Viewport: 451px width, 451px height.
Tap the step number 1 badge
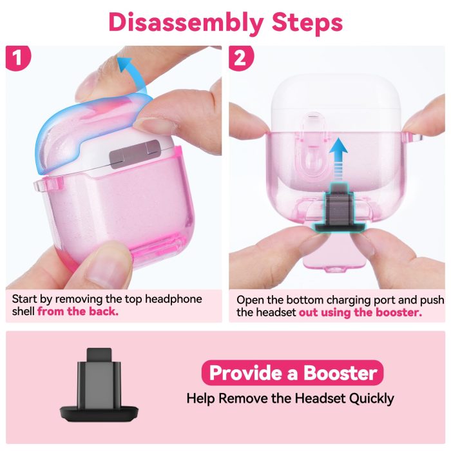[x=17, y=58]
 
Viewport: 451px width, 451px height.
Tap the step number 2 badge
[x=240, y=58]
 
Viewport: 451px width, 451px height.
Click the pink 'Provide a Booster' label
[x=293, y=373]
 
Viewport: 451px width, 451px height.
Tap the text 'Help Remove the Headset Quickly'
[x=290, y=398]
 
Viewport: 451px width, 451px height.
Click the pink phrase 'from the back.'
[x=77, y=312]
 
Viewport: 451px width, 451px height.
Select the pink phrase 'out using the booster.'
[x=360, y=312]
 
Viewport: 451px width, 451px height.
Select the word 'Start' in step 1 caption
[x=26, y=299]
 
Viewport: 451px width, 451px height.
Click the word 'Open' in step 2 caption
[x=251, y=300]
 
